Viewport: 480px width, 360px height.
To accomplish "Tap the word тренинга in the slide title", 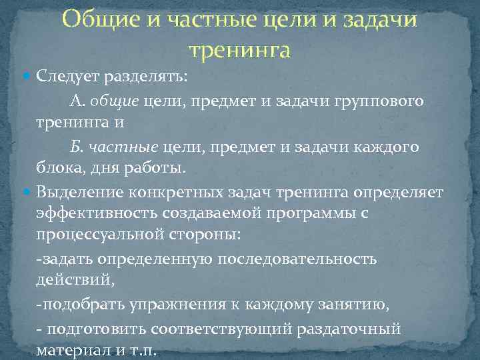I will (240, 49).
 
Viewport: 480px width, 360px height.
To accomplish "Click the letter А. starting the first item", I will (77, 100).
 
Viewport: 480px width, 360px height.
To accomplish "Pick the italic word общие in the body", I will (113, 100).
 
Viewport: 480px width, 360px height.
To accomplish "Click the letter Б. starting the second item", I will (77, 147).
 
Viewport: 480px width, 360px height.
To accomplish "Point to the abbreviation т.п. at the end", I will (142, 351).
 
